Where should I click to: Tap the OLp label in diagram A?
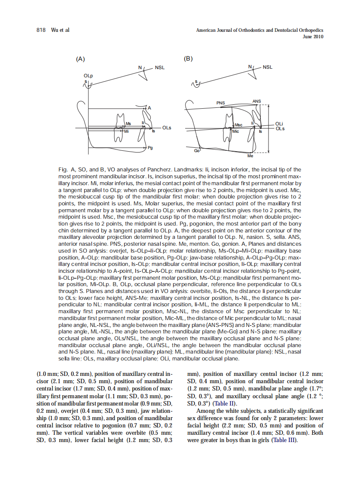click(x=88, y=76)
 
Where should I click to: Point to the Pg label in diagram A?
click(x=150, y=148)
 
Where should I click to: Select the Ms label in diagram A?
click(x=128, y=124)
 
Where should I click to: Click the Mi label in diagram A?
click(x=126, y=131)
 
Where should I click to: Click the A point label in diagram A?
click(x=149, y=107)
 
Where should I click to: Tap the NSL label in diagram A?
click(x=160, y=67)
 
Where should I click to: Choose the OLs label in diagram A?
click(x=167, y=128)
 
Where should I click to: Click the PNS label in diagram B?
click(x=220, y=103)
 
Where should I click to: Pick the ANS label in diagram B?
click(x=256, y=101)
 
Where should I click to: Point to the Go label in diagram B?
click(x=197, y=151)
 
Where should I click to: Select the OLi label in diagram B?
click(x=279, y=124)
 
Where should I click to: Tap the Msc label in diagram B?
click(x=238, y=125)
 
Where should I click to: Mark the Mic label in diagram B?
click(x=235, y=131)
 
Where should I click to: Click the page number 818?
click(x=41, y=30)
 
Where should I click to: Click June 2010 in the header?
click(x=313, y=37)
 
